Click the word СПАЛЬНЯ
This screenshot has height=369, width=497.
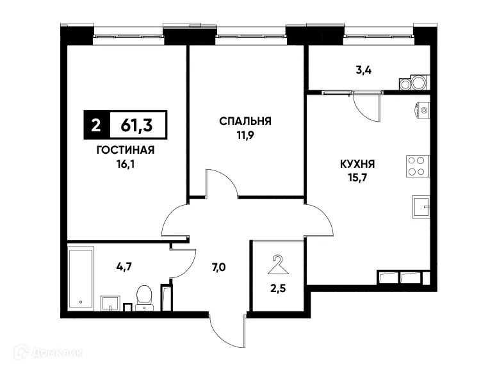[246, 121]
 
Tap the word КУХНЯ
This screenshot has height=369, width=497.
[357, 163]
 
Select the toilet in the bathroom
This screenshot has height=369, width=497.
[143, 296]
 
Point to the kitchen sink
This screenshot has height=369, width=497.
[420, 207]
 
